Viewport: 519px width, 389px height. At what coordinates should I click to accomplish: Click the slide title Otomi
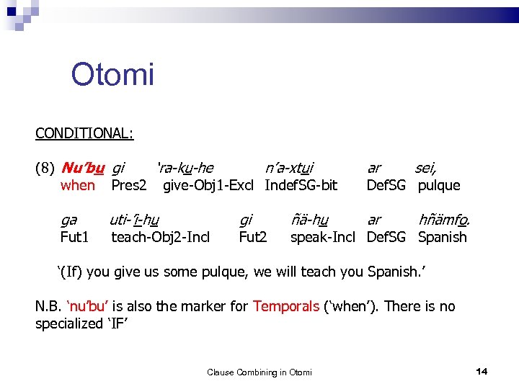point(112,74)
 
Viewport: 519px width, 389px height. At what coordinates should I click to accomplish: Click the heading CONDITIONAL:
point(84,133)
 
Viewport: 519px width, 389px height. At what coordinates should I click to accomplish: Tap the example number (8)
point(45,169)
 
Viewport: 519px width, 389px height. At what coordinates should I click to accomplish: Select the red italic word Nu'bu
point(83,169)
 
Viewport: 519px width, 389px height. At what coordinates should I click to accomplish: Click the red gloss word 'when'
point(78,186)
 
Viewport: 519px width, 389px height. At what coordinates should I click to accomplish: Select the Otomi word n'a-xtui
point(289,169)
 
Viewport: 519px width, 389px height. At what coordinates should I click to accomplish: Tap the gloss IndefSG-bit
point(301,186)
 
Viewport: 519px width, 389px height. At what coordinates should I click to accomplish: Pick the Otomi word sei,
point(425,169)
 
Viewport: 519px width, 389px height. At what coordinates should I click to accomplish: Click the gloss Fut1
point(74,237)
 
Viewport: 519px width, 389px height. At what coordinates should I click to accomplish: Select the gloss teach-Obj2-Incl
point(160,237)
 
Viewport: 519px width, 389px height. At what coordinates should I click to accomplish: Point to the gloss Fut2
point(252,237)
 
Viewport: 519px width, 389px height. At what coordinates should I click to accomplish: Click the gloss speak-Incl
point(323,237)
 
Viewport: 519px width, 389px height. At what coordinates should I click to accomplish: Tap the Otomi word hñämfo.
point(443,220)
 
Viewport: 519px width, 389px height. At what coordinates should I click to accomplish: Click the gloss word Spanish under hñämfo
point(442,237)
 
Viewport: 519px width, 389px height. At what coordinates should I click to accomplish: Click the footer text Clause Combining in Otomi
point(259,372)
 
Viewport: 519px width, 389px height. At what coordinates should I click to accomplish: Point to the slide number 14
point(482,371)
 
